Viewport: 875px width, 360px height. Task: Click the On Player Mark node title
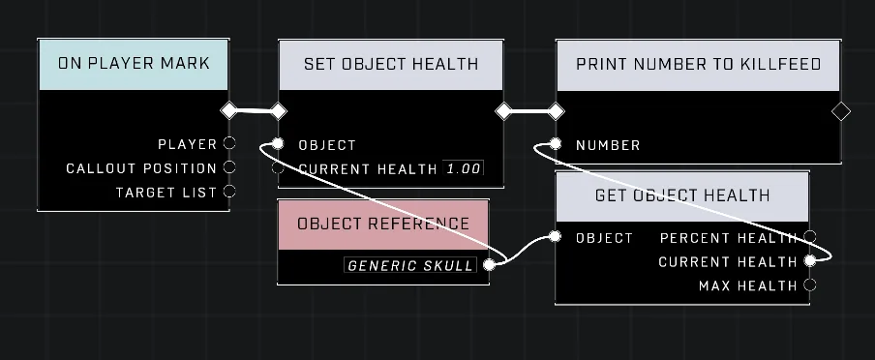point(134,64)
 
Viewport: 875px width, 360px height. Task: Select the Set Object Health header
point(391,64)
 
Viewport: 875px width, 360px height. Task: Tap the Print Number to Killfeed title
point(698,64)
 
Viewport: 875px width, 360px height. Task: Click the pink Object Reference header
point(383,225)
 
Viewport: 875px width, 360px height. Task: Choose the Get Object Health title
point(682,195)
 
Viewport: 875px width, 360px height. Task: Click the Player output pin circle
point(229,143)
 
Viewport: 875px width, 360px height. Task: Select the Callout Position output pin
point(229,166)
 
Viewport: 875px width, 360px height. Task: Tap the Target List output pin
point(229,192)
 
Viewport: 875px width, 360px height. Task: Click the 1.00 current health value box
point(464,168)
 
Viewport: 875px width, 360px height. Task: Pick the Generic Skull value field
point(410,265)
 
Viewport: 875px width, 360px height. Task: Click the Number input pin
point(555,144)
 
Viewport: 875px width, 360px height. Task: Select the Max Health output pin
point(810,285)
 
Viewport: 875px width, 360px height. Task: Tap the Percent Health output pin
point(810,237)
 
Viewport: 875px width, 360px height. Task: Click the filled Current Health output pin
point(810,260)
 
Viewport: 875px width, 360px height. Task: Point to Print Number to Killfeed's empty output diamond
point(841,111)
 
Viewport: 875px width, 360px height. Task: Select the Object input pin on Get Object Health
point(555,237)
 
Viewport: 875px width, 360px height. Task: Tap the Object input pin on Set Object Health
point(278,144)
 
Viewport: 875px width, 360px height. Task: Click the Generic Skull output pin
point(489,265)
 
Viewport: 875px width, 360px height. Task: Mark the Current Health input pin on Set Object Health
point(278,168)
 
